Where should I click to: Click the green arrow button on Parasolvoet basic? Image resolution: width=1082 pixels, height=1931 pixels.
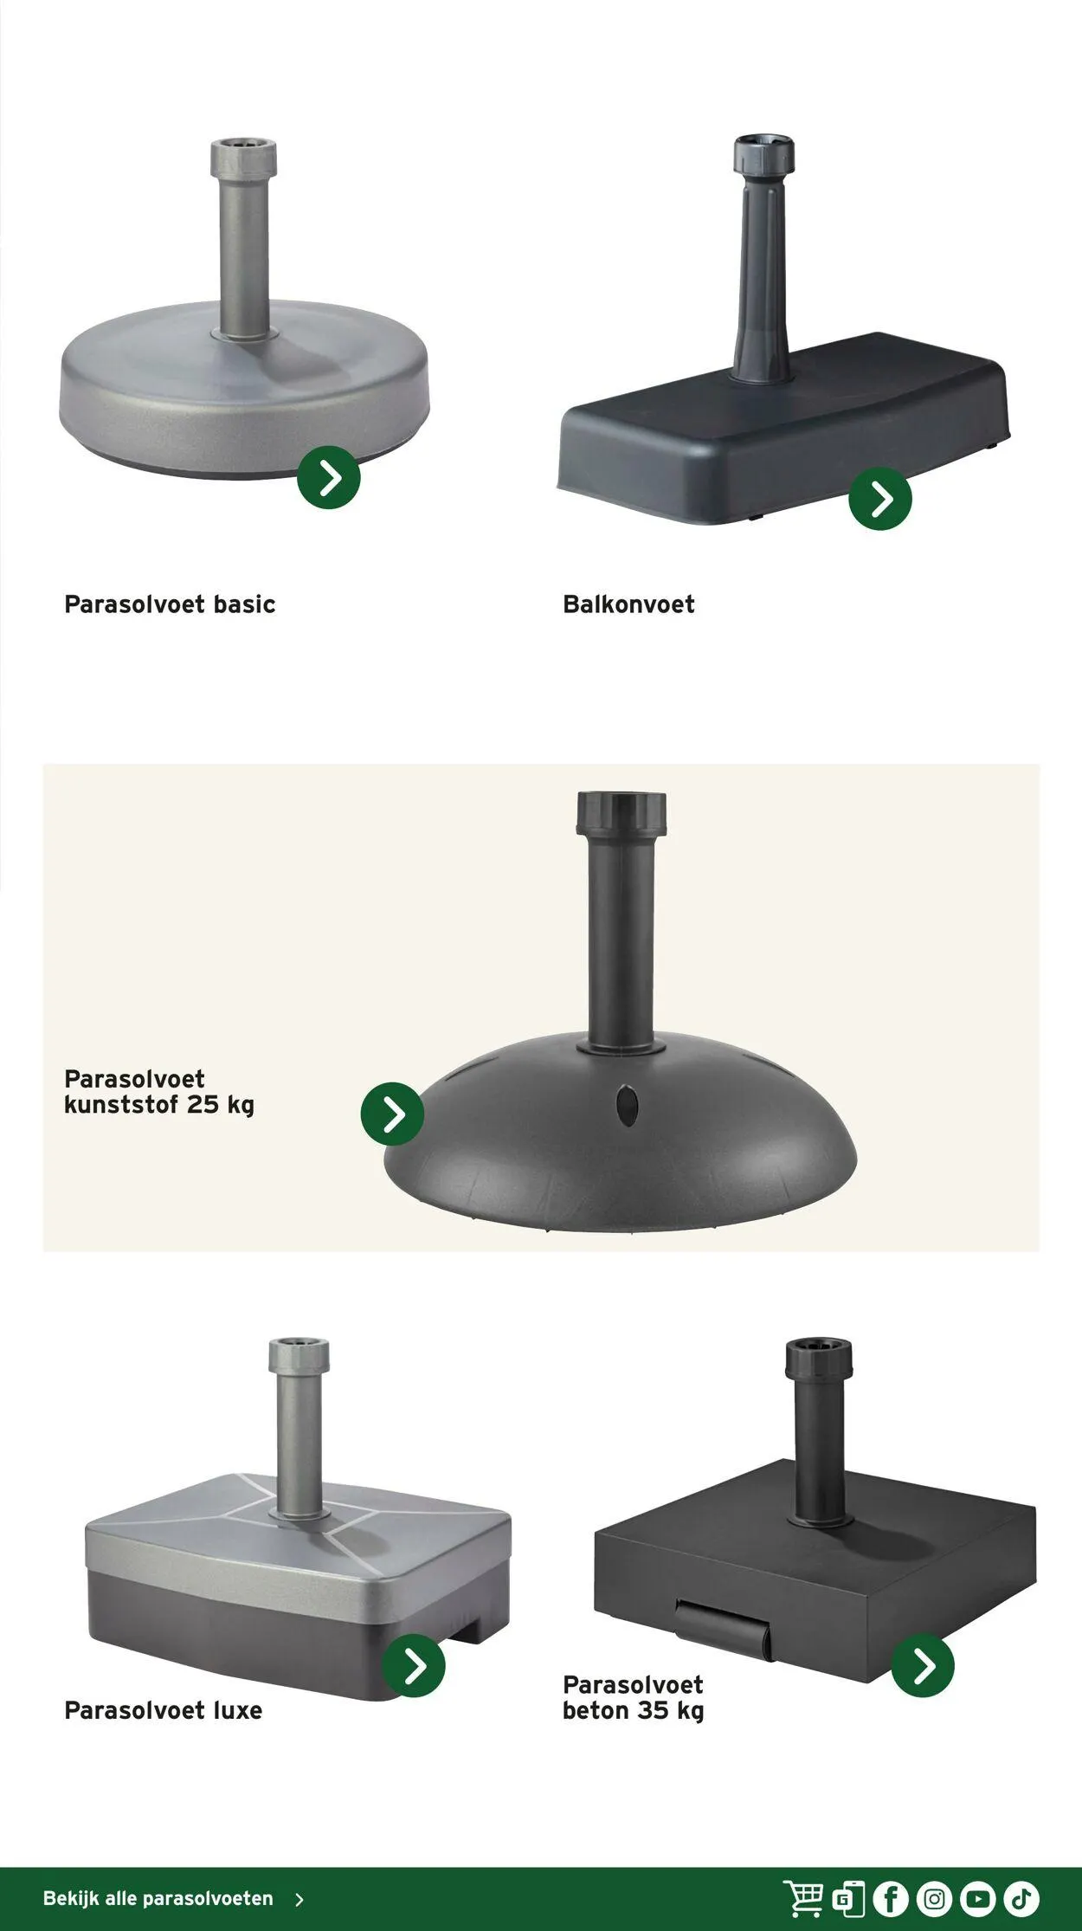[329, 477]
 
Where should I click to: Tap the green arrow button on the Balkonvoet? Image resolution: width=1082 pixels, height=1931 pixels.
[880, 499]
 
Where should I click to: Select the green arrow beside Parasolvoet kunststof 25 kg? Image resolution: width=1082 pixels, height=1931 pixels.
[392, 1114]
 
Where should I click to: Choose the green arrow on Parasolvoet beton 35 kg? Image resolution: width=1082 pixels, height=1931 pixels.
[923, 1665]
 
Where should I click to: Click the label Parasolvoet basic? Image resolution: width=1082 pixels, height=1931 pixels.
[170, 604]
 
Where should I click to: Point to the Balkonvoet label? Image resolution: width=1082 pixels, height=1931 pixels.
[628, 604]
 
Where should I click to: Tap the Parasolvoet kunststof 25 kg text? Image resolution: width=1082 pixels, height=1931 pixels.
[159, 1092]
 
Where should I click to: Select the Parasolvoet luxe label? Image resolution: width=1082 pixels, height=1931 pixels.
[163, 1710]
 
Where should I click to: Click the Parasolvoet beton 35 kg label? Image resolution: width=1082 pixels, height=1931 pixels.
[633, 1698]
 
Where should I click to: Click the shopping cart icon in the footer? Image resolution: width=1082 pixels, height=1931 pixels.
[803, 1898]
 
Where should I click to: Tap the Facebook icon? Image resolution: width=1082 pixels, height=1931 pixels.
[891, 1899]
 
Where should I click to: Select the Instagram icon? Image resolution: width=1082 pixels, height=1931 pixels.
[934, 1899]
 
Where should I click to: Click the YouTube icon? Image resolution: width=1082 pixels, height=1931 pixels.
[977, 1899]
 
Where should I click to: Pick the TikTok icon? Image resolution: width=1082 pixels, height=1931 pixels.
[1021, 1899]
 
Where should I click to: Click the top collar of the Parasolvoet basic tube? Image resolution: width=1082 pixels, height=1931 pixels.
[243, 158]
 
